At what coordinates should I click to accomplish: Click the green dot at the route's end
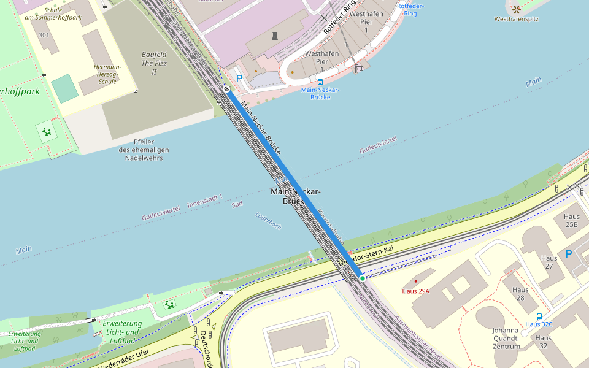tap(363, 278)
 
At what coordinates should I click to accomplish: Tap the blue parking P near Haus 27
tap(569, 253)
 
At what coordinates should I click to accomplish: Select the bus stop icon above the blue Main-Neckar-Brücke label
tap(320, 82)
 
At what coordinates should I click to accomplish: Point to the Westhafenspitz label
tap(517, 19)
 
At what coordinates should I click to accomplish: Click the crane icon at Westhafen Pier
tap(358, 68)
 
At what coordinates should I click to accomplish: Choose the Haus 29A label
tap(415, 291)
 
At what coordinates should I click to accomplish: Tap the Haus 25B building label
tap(572, 221)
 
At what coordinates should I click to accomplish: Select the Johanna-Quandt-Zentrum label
tap(506, 338)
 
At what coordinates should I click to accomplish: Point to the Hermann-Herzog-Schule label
tap(107, 74)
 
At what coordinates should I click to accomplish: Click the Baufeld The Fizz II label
tap(154, 63)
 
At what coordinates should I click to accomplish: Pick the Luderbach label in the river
tap(268, 221)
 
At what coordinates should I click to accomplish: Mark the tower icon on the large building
tap(274, 36)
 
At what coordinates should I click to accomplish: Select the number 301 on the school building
tap(44, 35)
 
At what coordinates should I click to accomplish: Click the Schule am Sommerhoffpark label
tap(53, 13)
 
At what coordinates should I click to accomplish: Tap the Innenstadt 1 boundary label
tap(205, 201)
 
